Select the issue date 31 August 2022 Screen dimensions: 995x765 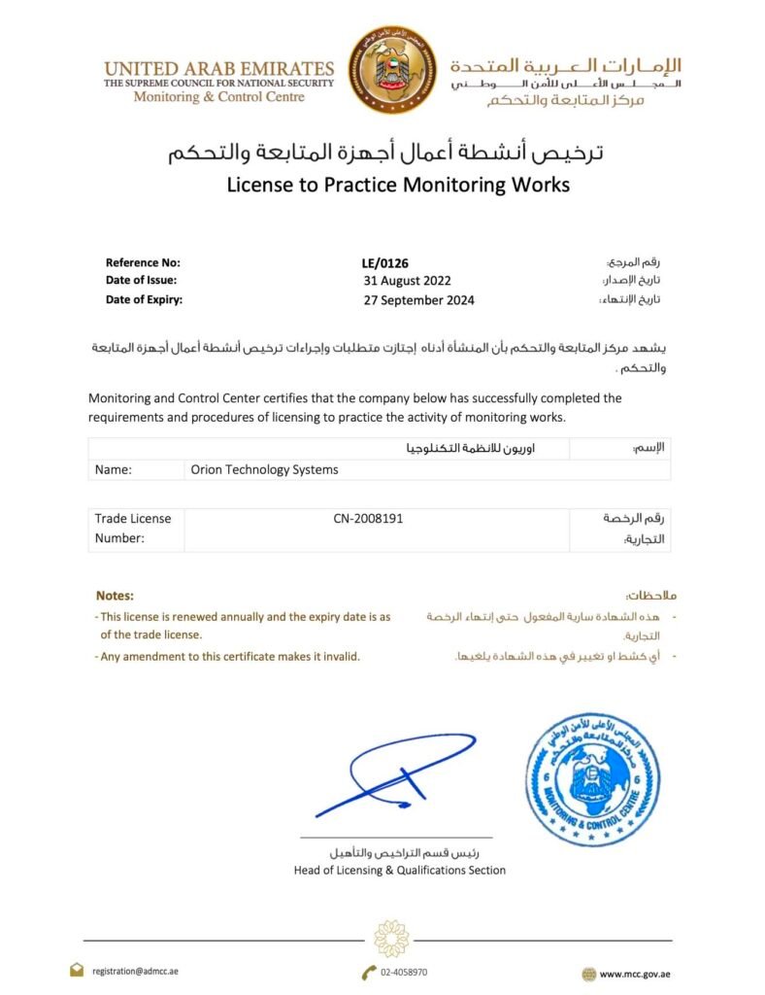401,281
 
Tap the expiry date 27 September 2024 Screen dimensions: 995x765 418,300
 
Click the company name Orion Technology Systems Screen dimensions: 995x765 264,469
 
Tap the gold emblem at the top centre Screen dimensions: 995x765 392,69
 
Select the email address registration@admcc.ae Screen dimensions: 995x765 135,971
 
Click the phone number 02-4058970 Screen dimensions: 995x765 404,972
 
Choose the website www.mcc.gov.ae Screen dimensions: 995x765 635,973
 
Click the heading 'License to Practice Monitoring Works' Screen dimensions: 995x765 398,184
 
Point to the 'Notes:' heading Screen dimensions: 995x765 115,595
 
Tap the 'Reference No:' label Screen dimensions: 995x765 143,262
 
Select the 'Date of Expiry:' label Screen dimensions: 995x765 144,300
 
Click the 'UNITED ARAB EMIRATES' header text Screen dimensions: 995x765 218,69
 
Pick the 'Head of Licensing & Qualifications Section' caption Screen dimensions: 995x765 399,871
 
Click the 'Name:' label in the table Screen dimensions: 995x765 113,469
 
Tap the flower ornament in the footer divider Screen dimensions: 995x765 391,939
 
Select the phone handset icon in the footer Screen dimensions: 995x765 369,972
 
